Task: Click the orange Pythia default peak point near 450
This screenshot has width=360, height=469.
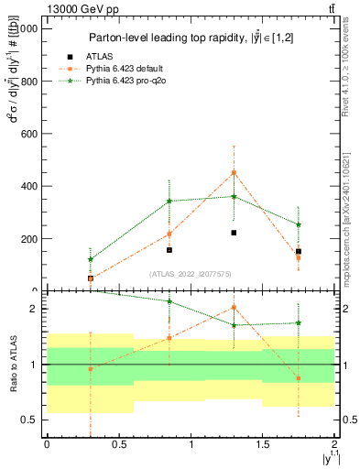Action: click(x=234, y=172)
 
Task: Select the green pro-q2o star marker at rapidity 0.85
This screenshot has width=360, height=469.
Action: click(x=169, y=201)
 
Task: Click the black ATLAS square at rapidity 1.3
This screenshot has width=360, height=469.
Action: click(x=234, y=233)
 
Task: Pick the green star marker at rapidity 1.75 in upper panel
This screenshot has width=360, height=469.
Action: click(x=299, y=224)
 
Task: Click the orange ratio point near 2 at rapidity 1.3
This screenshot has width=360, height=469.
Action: click(x=234, y=307)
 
